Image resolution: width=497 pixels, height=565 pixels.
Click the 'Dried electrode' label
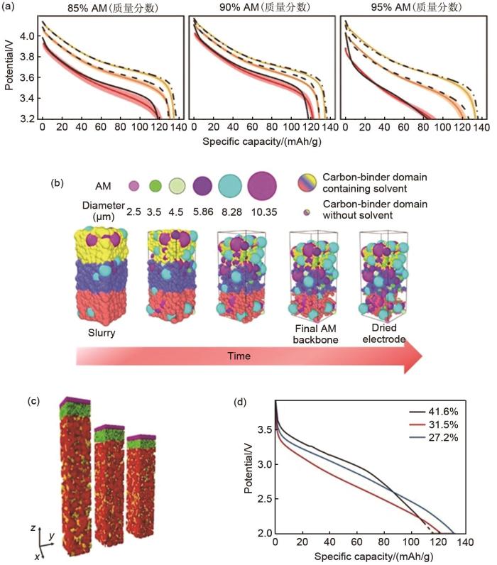(384, 334)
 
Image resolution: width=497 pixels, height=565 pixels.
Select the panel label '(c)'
(33, 401)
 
